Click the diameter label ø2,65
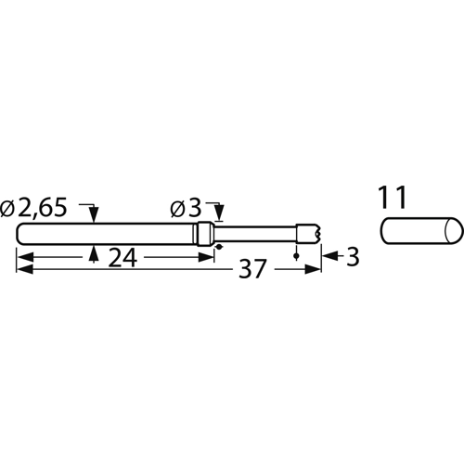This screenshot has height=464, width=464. coord(35,209)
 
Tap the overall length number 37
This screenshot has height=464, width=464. coord(251,270)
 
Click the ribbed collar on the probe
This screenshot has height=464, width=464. coord(206,233)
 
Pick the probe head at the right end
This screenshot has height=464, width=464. coord(309,232)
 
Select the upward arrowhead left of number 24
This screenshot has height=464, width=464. coord(93,251)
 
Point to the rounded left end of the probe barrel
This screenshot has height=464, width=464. coord(20,233)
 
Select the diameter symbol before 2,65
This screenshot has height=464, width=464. coord(9,209)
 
